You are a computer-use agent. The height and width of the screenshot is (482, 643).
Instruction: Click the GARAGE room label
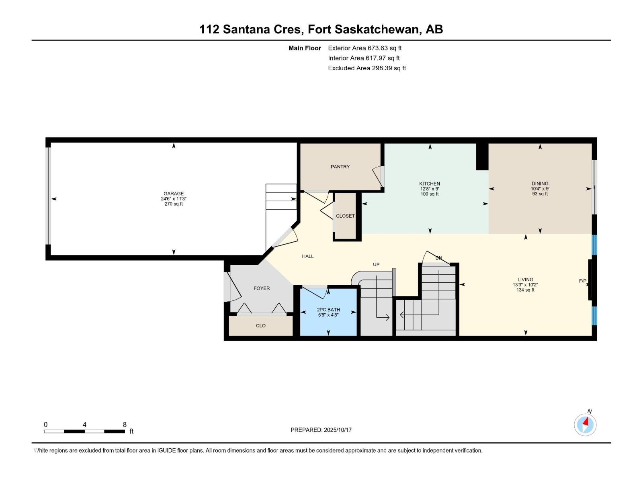tap(173, 194)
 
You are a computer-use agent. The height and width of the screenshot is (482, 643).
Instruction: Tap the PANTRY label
tap(340, 167)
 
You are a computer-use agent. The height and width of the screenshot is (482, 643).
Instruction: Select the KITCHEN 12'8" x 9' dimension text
tap(429, 189)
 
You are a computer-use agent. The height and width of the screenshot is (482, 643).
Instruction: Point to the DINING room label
tap(540, 184)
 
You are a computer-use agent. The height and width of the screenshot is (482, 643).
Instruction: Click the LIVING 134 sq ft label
tap(525, 290)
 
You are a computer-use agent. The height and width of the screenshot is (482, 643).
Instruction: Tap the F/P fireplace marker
tap(582, 281)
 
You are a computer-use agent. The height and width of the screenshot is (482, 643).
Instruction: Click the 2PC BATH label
tap(328, 310)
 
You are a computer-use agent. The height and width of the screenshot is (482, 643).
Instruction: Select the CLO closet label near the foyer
tap(261, 326)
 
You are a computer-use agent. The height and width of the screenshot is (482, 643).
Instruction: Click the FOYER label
tap(262, 288)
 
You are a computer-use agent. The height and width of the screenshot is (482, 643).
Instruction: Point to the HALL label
tap(308, 256)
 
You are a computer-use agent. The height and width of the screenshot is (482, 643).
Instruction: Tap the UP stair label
tap(376, 264)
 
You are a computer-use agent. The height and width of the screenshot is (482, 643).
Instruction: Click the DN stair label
tap(439, 258)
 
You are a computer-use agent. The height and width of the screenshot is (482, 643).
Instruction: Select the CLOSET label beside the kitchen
tap(345, 216)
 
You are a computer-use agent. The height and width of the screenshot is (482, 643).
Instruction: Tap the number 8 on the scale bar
tap(125, 425)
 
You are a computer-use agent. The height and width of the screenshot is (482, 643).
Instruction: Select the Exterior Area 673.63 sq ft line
tap(365, 48)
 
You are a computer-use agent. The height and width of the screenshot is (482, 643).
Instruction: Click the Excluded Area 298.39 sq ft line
tap(367, 68)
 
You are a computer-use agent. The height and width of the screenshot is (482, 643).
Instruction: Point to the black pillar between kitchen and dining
tap(482, 157)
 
